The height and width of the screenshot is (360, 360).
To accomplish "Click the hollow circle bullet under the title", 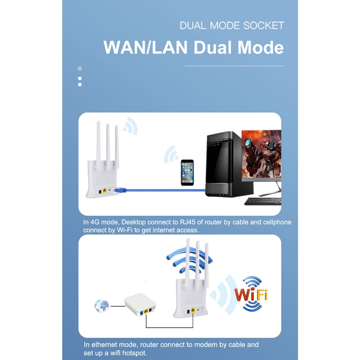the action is click(80, 68).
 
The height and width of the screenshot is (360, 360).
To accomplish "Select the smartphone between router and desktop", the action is click(187, 172).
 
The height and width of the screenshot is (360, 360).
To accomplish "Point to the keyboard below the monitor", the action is click(263, 201).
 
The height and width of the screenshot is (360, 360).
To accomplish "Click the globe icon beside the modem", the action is click(102, 306).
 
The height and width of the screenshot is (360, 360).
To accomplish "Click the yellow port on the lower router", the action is click(193, 311).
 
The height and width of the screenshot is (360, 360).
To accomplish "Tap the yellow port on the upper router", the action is click(105, 191).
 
